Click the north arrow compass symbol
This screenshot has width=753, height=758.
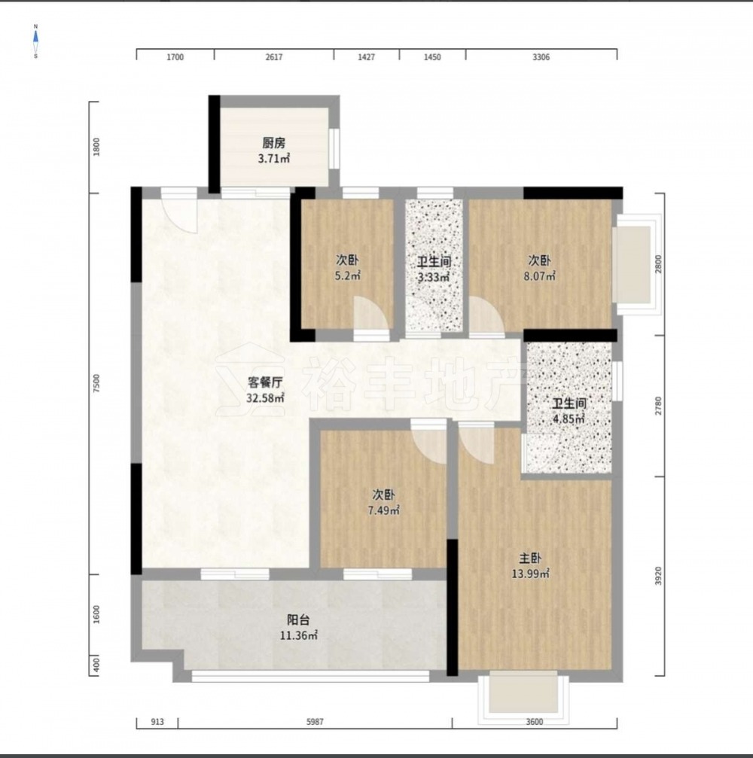click(36, 41)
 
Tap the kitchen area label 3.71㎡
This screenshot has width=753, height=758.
click(274, 159)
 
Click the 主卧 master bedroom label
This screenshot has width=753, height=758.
click(530, 559)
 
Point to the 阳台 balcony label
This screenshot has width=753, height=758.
click(298, 620)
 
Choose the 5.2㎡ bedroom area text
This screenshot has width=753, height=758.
click(348, 276)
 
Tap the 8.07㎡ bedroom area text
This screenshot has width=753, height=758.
click(540, 276)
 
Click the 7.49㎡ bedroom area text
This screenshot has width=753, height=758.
click(383, 510)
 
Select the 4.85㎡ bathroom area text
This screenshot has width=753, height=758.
click(569, 419)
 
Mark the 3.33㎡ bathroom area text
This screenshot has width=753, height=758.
click(434, 278)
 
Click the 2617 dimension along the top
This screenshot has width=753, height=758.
click(274, 57)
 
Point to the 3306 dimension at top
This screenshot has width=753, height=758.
click(541, 57)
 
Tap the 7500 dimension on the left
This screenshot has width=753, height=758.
click(96, 383)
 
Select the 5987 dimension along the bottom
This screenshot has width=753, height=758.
click(315, 722)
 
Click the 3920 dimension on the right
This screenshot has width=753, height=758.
click(658, 577)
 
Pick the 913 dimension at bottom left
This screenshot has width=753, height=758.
click(157, 722)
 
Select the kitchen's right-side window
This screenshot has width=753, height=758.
click(334, 148)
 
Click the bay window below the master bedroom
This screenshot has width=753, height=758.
click(523, 696)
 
